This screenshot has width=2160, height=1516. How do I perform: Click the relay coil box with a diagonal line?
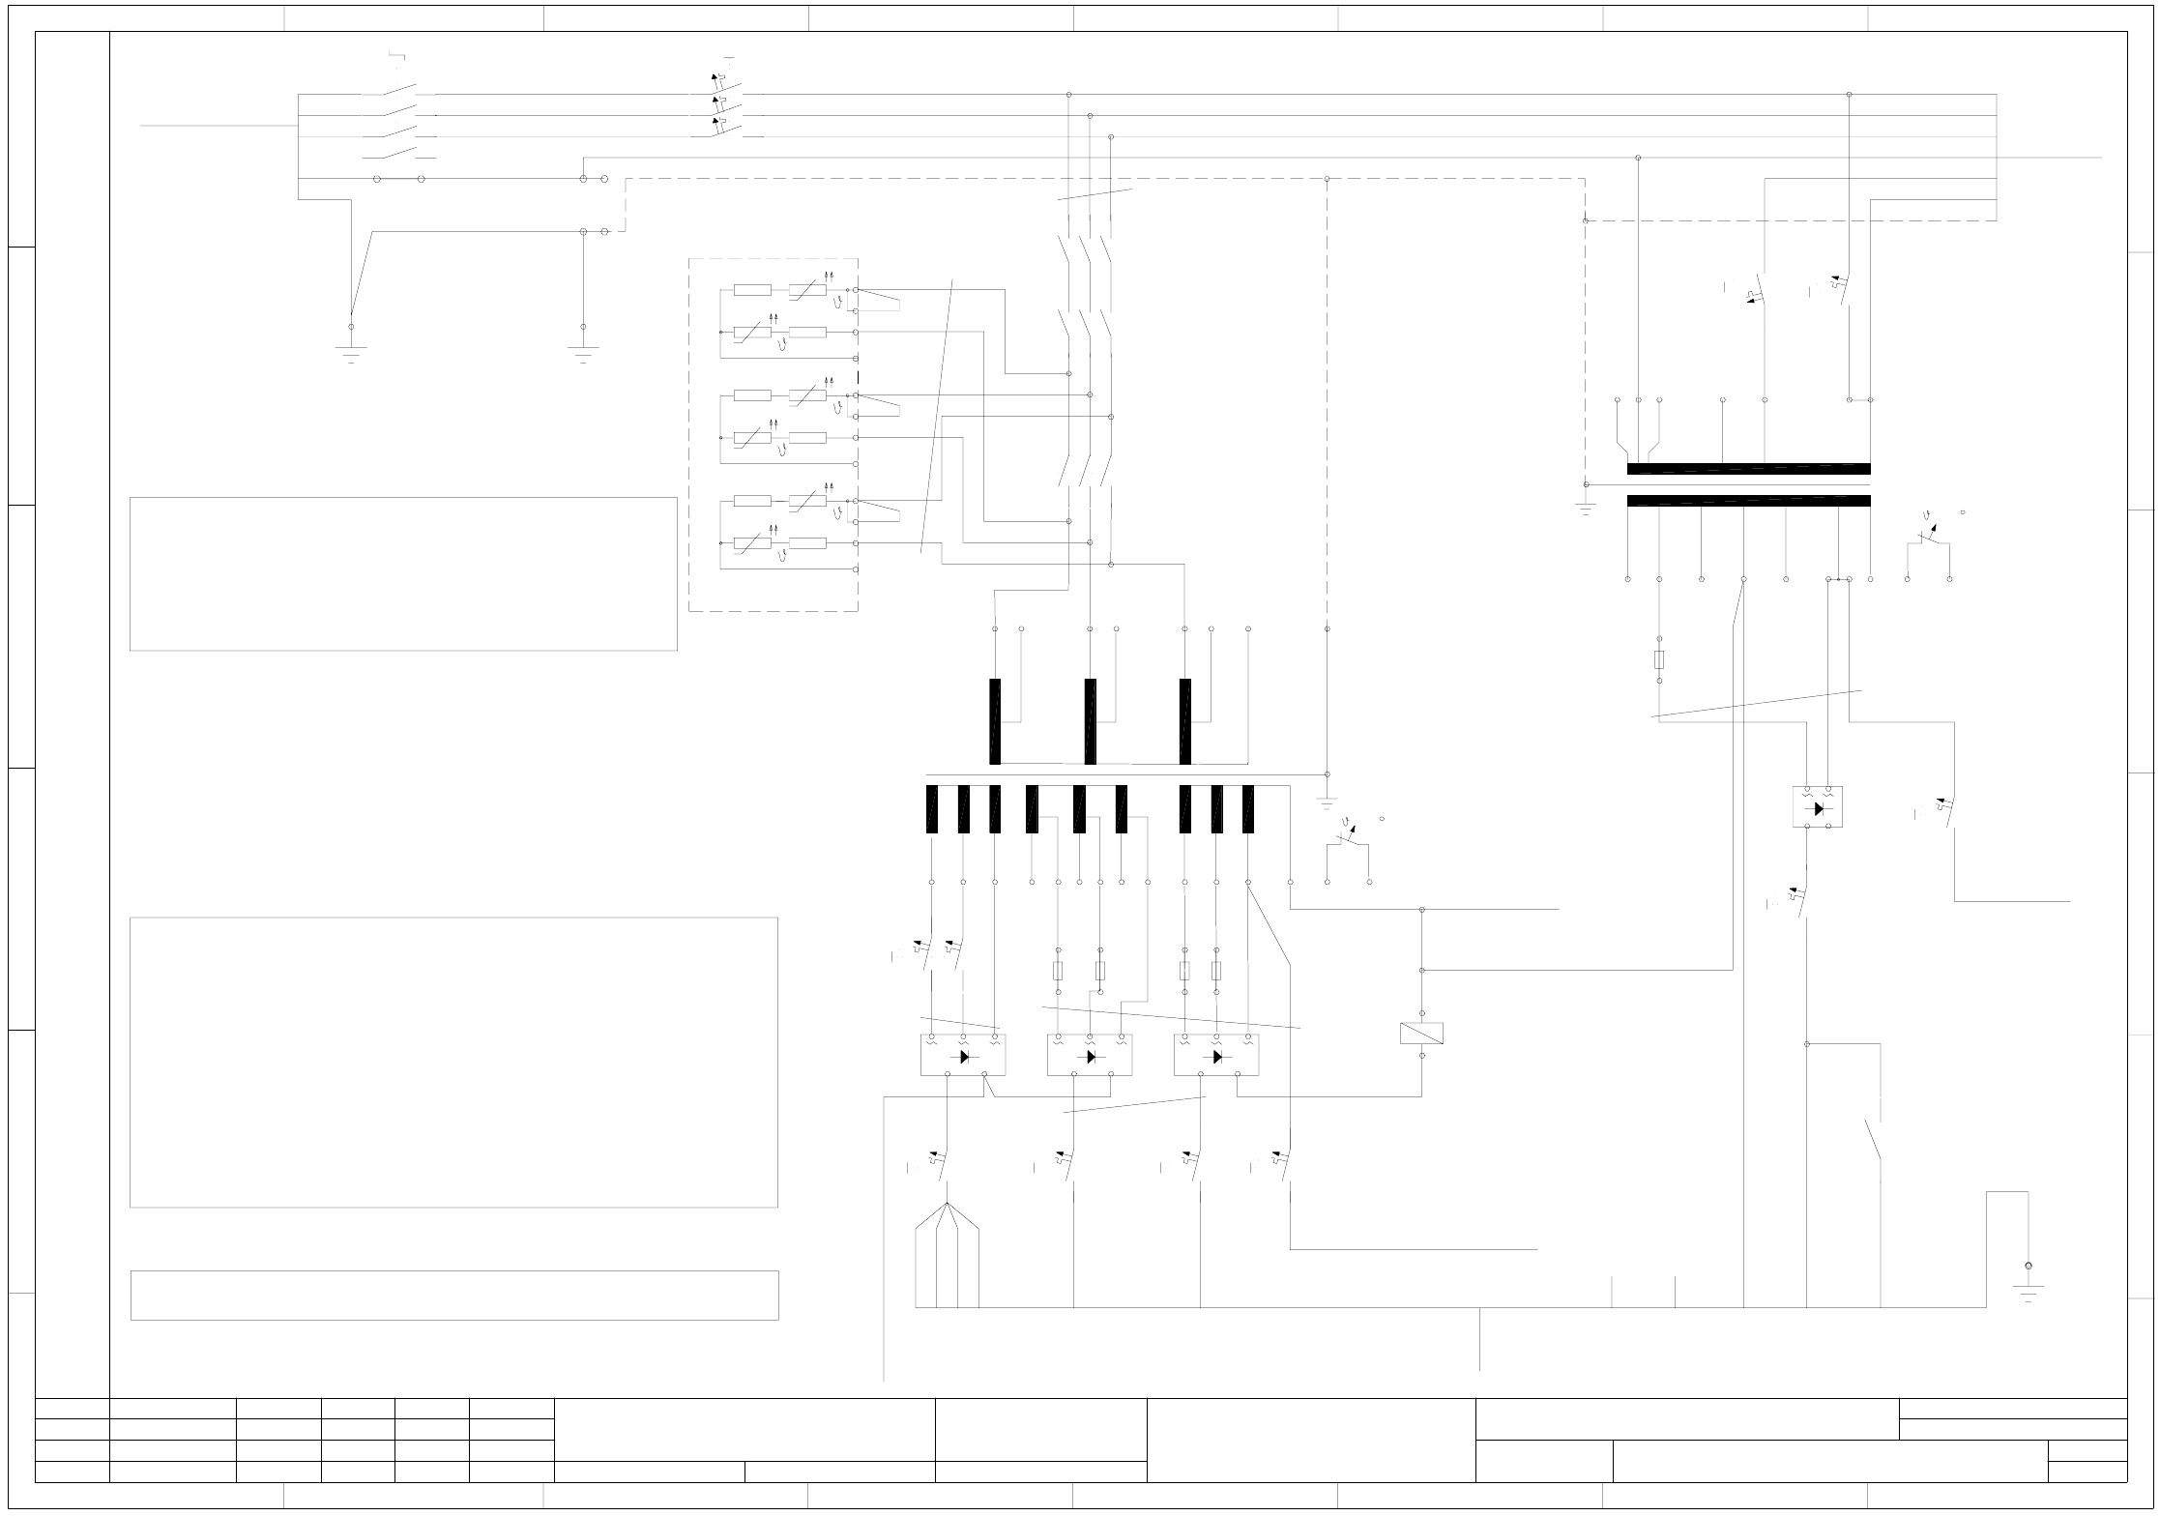[x=1421, y=1034]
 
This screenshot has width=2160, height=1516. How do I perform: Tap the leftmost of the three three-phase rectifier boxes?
[x=962, y=1055]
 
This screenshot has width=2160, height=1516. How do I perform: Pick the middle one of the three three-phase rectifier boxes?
[x=1090, y=1055]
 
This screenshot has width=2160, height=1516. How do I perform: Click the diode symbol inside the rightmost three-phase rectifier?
[x=1216, y=1057]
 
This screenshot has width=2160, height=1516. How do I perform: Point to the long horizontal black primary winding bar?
[x=1748, y=470]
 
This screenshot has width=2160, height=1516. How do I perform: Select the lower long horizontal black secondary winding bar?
[x=1748, y=501]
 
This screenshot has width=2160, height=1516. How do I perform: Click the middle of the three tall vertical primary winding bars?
[x=1090, y=721]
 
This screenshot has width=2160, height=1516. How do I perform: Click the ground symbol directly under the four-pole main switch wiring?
[x=351, y=352]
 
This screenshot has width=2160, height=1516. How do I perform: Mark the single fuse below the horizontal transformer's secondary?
[x=1659, y=659]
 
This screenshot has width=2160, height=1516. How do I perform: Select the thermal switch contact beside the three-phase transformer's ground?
[x=1348, y=837]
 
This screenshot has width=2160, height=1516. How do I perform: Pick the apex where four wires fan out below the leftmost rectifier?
[x=947, y=1204]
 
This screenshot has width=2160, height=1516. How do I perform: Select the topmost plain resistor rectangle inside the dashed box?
[x=752, y=289]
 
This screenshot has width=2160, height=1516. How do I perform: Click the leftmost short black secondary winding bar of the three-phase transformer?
[x=932, y=809]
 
